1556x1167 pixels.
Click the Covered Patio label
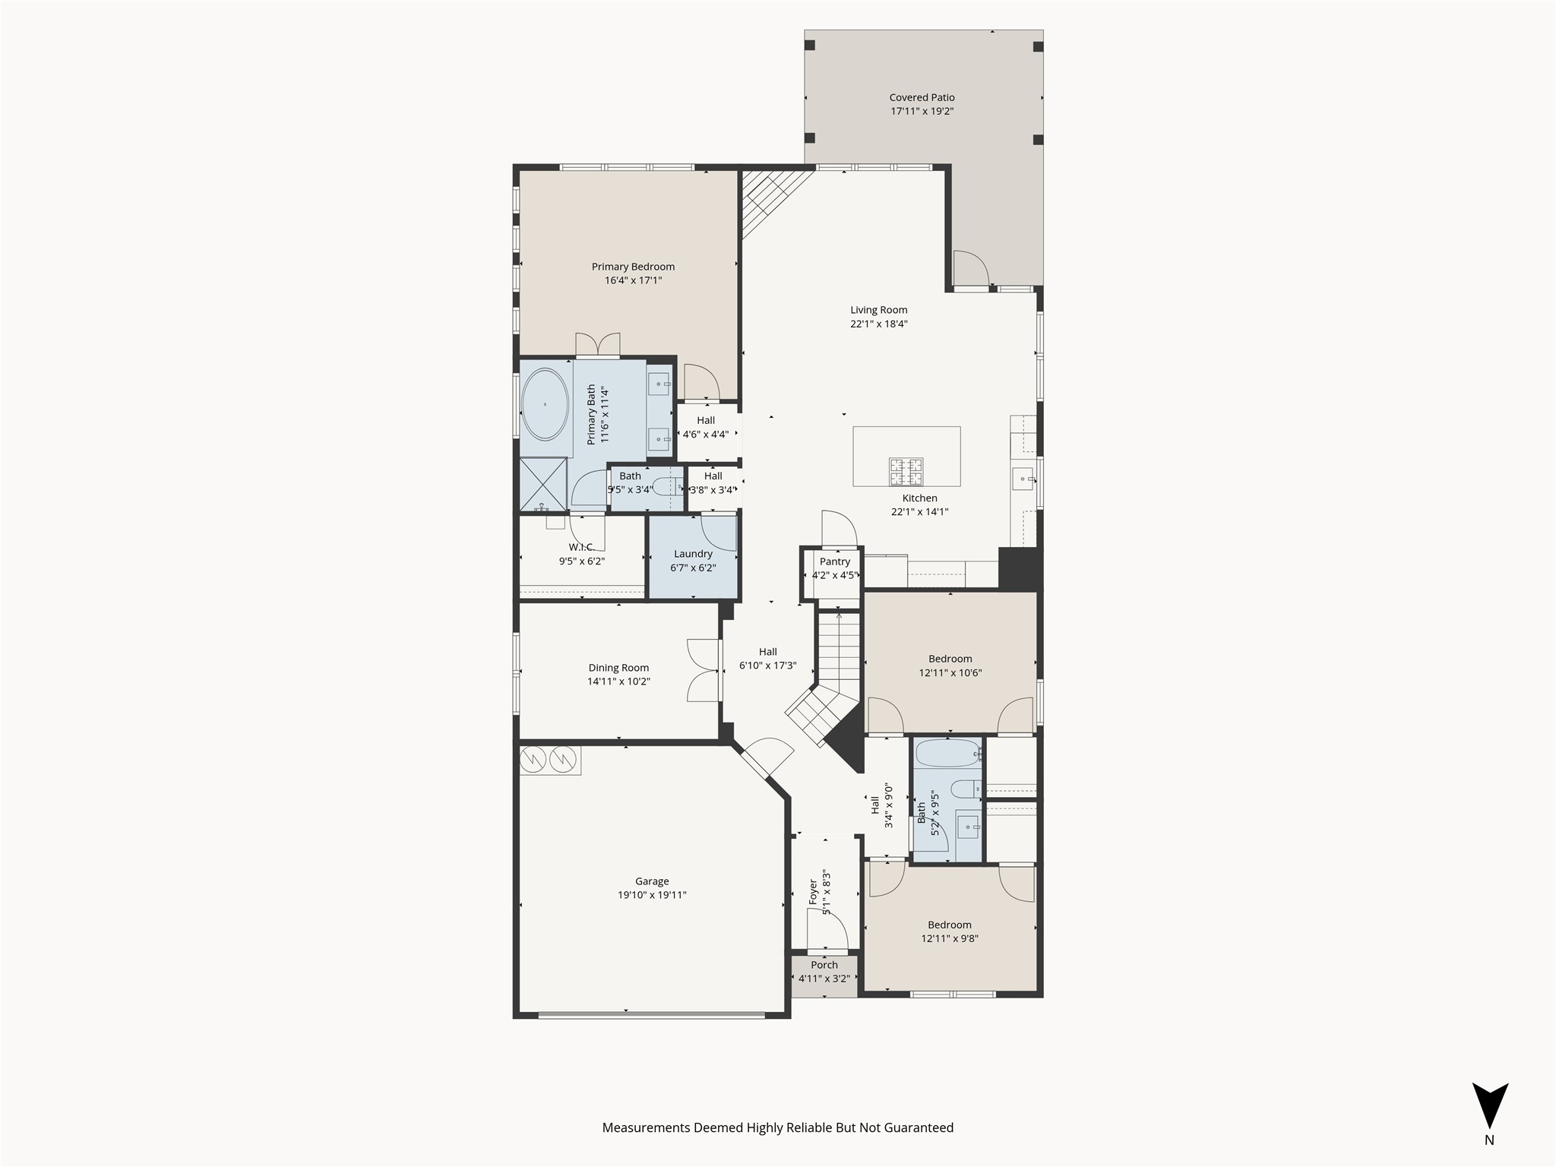click(x=922, y=97)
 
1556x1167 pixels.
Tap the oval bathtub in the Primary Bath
click(x=545, y=405)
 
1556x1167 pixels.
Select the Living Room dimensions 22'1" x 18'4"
click(x=878, y=324)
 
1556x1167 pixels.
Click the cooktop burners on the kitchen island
click(x=906, y=471)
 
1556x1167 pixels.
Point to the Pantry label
click(x=834, y=561)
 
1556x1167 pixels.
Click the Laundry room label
click(x=693, y=554)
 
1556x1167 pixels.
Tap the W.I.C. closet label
click(x=581, y=547)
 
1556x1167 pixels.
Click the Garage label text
click(x=652, y=881)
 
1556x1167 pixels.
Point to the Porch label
click(x=824, y=965)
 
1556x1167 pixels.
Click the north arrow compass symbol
click(x=1489, y=1106)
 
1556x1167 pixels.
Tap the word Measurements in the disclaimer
click(x=646, y=1127)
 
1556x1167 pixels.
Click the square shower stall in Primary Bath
click(x=542, y=483)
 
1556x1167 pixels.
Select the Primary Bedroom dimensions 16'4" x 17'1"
click(x=633, y=280)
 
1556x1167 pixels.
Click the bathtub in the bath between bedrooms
click(x=947, y=754)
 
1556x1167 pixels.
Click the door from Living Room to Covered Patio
click(x=971, y=270)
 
